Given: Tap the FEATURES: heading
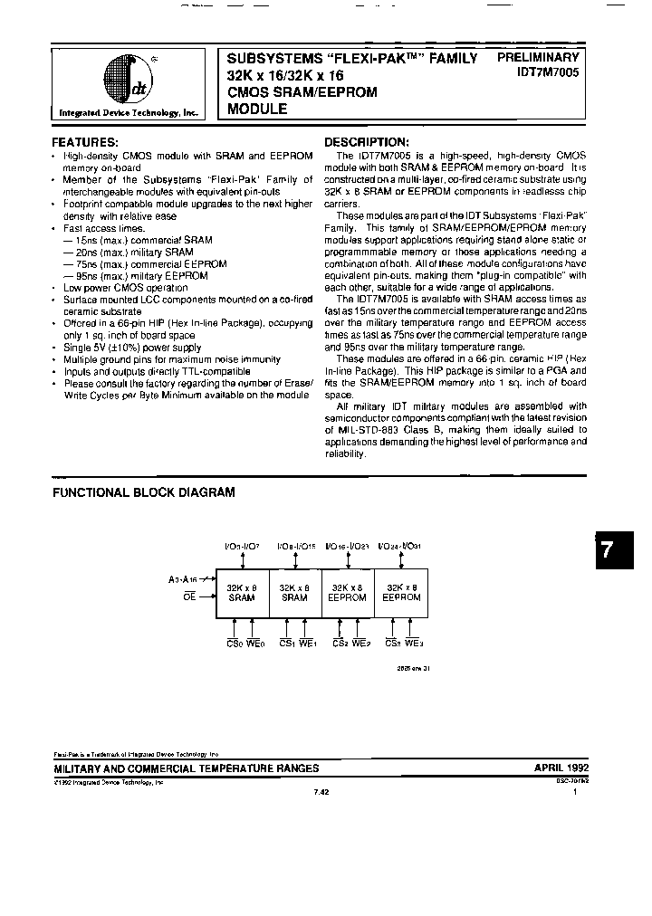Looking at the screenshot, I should pyautogui.click(x=85, y=142).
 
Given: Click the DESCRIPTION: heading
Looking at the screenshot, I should pyautogui.click(x=367, y=142).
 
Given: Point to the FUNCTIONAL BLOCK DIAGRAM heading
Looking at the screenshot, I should pyautogui.click(x=144, y=492).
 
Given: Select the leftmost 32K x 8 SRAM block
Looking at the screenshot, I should pyautogui.click(x=242, y=593).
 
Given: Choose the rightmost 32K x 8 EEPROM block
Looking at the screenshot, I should pyautogui.click(x=402, y=593).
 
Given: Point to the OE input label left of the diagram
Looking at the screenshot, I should pyautogui.click(x=188, y=596).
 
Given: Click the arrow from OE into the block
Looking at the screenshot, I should pyautogui.click(x=206, y=596).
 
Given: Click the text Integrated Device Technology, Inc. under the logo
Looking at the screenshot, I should pyautogui.click(x=128, y=113).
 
